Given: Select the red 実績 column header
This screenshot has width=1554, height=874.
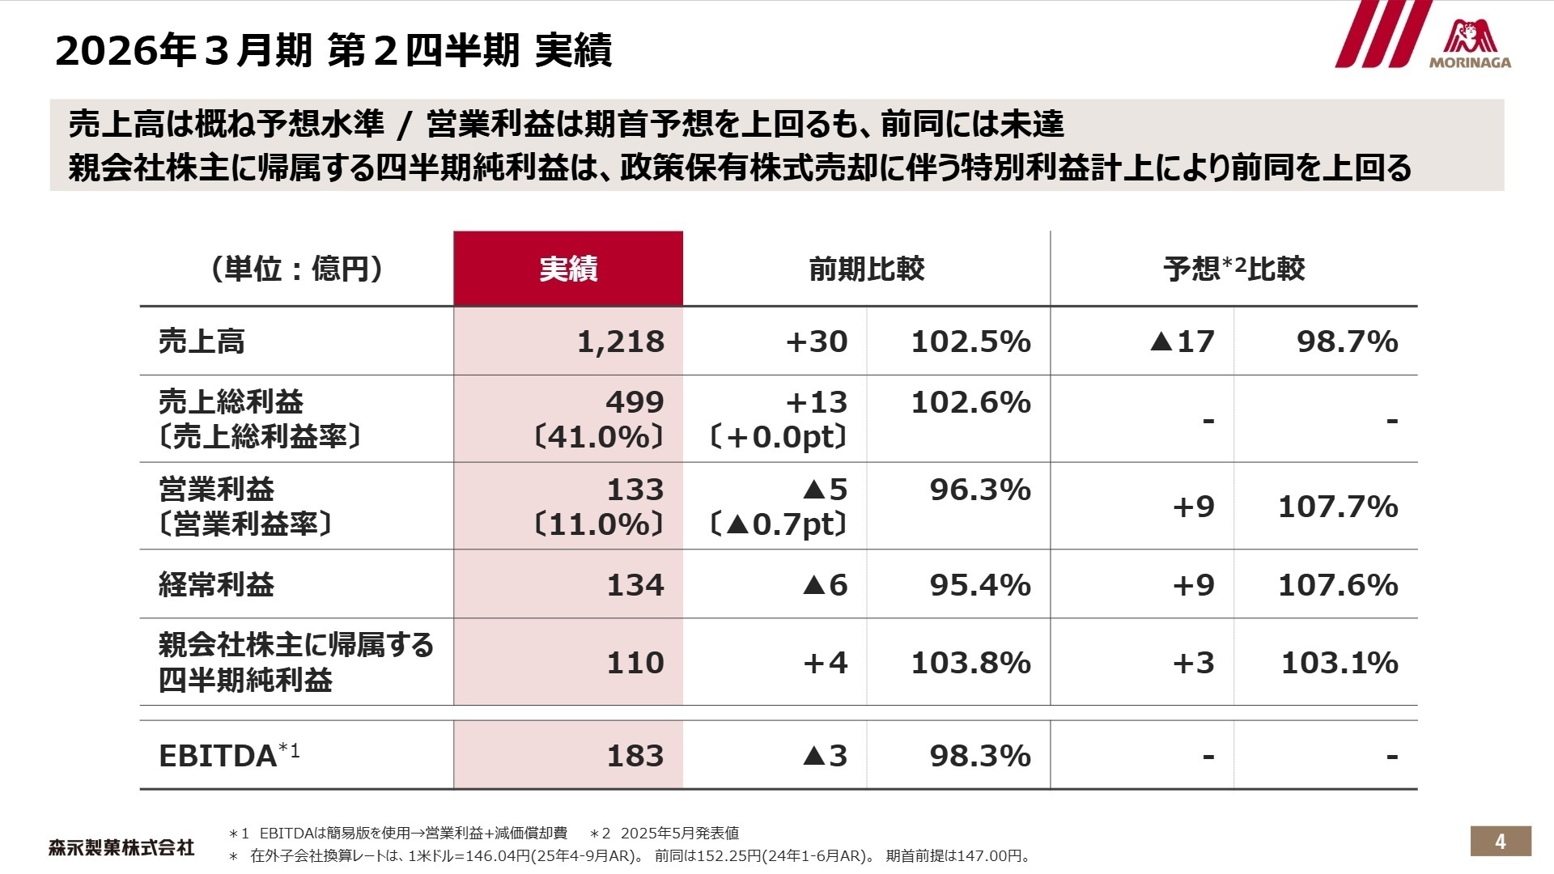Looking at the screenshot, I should (x=568, y=269).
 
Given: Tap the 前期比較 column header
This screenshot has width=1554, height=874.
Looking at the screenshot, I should (x=866, y=269).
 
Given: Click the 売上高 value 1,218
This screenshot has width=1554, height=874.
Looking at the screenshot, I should (x=621, y=342).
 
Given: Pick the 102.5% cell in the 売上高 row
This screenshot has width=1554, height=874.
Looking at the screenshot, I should (x=970, y=342).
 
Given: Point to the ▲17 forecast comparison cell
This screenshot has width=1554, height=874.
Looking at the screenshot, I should (x=1182, y=342).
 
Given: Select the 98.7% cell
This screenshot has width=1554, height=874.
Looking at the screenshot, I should (x=1347, y=342).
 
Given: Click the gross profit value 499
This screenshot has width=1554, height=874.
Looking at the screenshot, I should (x=635, y=402).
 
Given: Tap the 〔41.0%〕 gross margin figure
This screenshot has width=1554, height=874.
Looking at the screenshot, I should (x=599, y=437).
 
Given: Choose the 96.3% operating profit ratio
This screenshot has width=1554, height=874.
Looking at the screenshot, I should (x=979, y=490).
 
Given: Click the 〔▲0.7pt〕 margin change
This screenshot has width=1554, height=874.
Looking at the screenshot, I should (x=778, y=524).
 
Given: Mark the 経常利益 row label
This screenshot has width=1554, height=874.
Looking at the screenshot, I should (x=217, y=584).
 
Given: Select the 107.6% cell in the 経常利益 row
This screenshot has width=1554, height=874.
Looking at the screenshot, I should (x=1338, y=584).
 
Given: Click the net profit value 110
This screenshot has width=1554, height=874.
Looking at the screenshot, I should (x=635, y=663).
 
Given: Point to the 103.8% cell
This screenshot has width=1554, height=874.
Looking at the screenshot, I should (x=970, y=663).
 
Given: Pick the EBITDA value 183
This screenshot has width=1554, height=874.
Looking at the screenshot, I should (x=635, y=756).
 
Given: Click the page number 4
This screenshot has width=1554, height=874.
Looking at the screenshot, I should (x=1500, y=842).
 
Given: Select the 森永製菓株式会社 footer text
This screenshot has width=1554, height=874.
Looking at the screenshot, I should (x=121, y=847).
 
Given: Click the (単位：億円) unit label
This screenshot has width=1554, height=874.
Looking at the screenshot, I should (x=297, y=269).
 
